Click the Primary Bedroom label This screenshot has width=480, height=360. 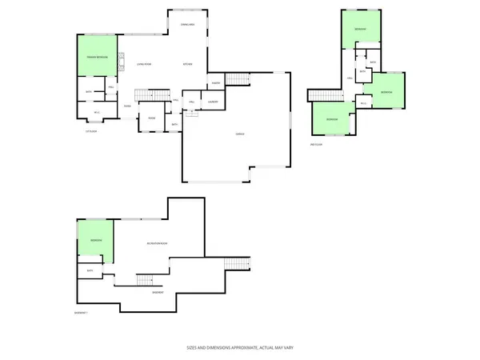pyautogui.click(x=97, y=58)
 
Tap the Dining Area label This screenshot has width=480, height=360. pyautogui.click(x=189, y=25)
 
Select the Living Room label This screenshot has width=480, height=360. pyautogui.click(x=144, y=63)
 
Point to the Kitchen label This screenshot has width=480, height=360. pyautogui.click(x=187, y=63)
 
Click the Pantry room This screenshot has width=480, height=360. pyautogui.click(x=216, y=82)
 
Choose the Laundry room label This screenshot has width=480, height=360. pyautogui.click(x=213, y=102)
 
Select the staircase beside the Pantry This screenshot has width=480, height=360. pyautogui.click(x=238, y=78)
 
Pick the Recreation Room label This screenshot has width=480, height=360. pyautogui.click(x=156, y=242)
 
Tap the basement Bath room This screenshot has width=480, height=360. pyautogui.click(x=90, y=270)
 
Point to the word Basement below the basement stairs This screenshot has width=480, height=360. pyautogui.click(x=158, y=292)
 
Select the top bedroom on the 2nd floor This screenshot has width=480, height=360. pyautogui.click(x=360, y=30)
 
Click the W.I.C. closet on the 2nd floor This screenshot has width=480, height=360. pyautogui.click(x=364, y=102)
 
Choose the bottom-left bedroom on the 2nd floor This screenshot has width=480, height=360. pyautogui.click(x=332, y=119)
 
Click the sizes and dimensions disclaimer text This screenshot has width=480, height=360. pyautogui.click(x=240, y=349)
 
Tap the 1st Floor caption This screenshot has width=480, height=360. pyautogui.click(x=90, y=131)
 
